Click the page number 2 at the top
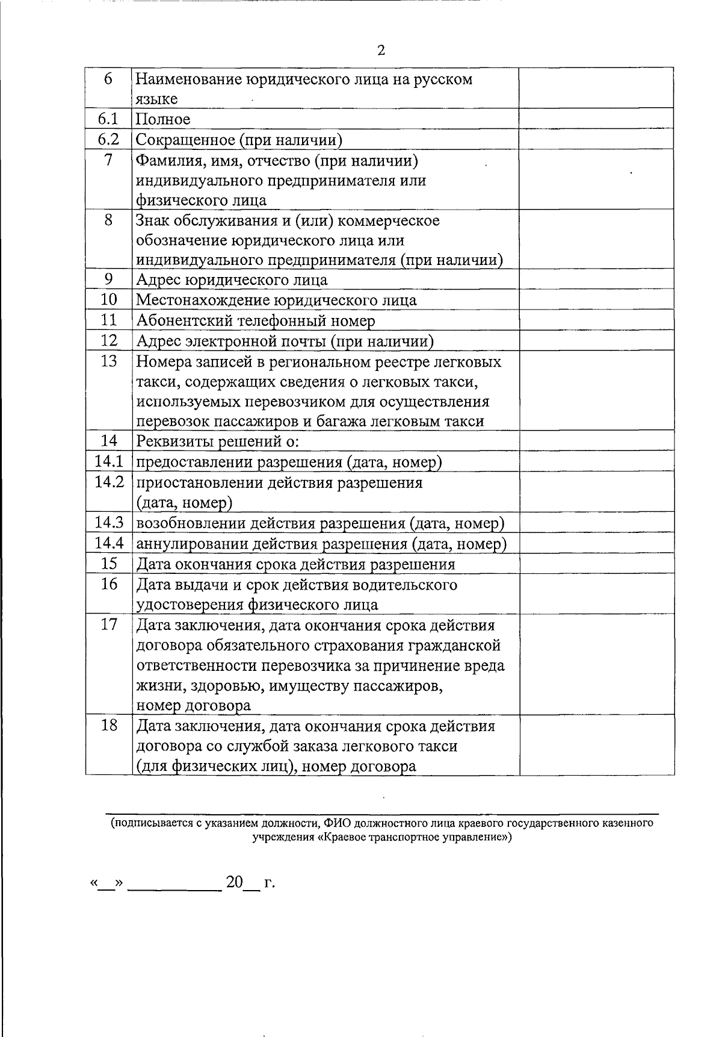381,51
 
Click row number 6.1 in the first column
109,119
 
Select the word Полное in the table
163,120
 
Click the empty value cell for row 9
596,279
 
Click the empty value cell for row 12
596,341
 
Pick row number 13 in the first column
109,361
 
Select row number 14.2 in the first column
109,482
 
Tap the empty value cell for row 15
596,564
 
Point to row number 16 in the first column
109,584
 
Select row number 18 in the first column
109,725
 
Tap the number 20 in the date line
235,882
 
